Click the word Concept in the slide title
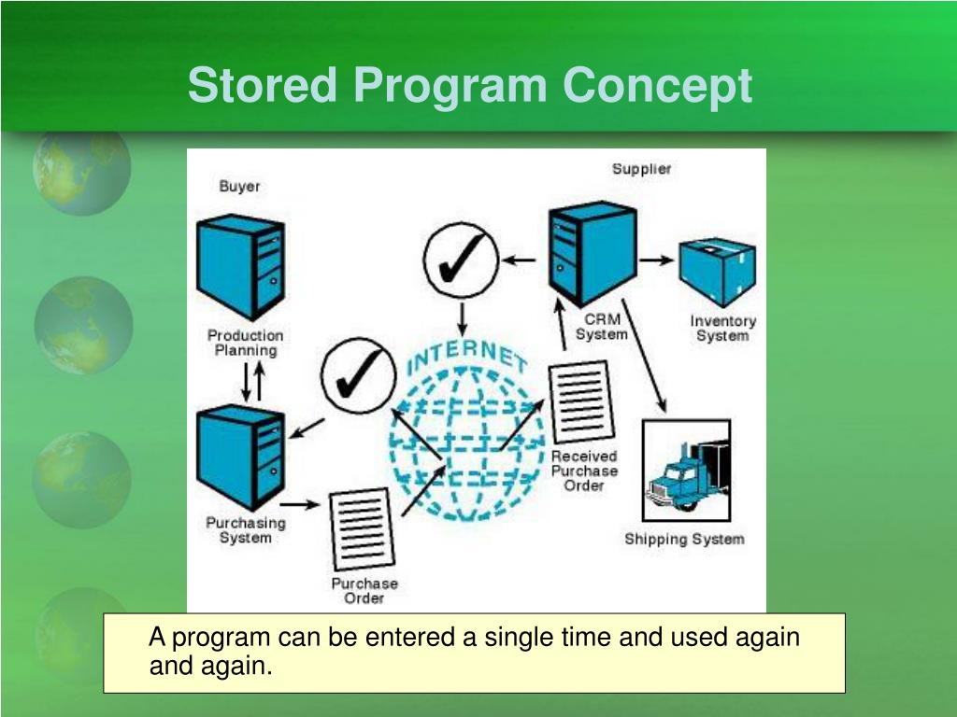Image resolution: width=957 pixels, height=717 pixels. (657, 86)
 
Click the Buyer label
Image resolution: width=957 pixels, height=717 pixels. (239, 186)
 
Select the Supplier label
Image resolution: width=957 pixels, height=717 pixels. (641, 169)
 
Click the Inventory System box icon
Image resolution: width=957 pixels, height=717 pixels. (717, 272)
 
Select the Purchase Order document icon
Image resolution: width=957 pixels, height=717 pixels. (361, 529)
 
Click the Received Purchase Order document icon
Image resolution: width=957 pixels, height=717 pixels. (580, 401)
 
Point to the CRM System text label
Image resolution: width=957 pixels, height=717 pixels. (601, 327)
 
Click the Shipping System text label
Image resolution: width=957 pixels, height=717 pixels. (684, 539)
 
